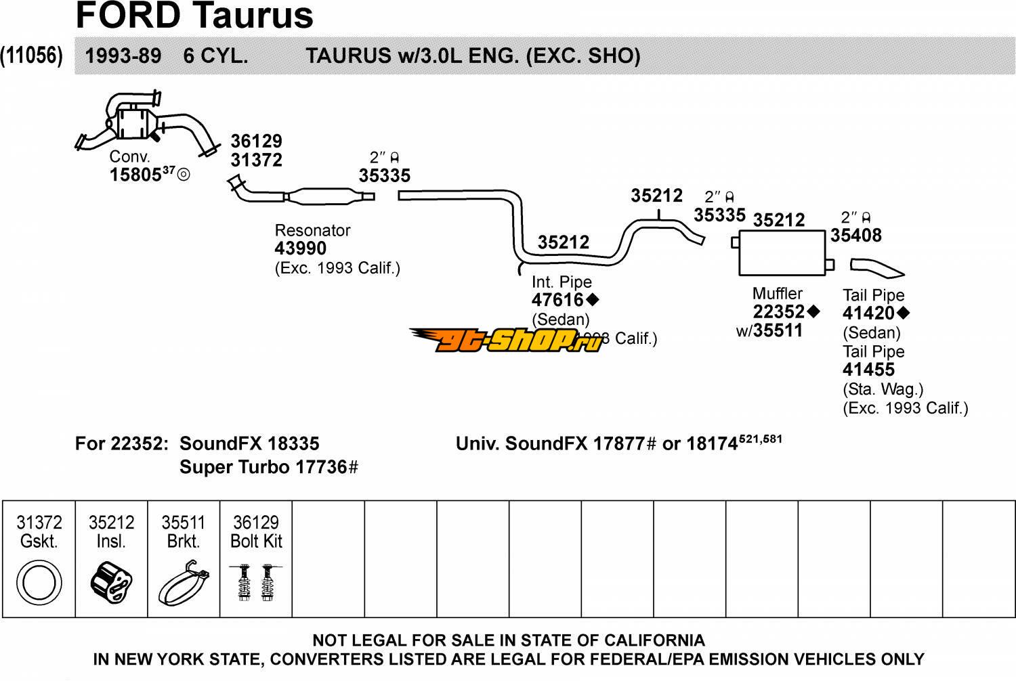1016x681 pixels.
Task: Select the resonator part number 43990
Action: tap(300, 248)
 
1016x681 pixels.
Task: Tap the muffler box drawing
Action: tap(782, 252)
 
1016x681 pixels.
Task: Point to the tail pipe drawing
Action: tap(878, 267)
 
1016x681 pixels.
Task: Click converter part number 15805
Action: tap(135, 175)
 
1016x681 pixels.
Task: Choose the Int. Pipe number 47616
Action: tap(557, 300)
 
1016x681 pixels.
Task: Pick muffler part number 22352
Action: tap(779, 311)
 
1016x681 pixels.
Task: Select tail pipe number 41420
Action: tap(868, 313)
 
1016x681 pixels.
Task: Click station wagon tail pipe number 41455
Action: tap(868, 370)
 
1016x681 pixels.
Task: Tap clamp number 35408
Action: tap(856, 236)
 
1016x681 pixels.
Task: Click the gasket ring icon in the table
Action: tap(39, 582)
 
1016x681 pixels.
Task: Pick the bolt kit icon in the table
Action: tap(256, 582)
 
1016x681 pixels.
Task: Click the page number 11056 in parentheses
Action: tap(32, 56)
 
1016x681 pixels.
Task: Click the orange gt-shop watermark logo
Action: tap(505, 339)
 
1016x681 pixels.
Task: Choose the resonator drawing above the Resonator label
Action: tap(322, 196)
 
